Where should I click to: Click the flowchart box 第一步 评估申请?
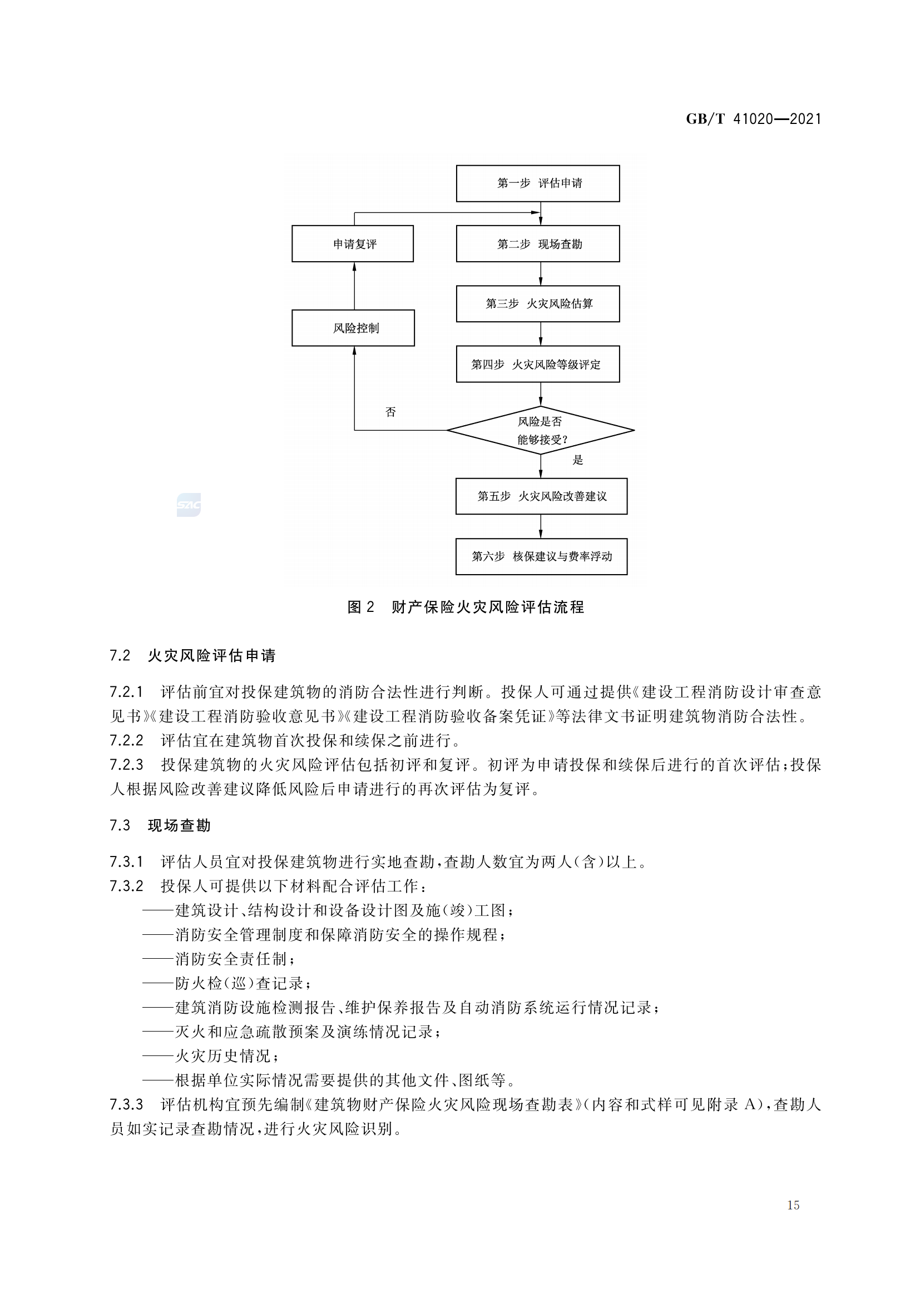[x=538, y=183]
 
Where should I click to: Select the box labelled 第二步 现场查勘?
[x=538, y=244]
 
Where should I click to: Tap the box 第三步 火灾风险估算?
[x=538, y=304]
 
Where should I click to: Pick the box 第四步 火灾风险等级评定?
[x=538, y=364]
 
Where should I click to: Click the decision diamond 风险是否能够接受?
[x=541, y=430]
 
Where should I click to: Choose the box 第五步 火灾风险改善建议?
[x=541, y=496]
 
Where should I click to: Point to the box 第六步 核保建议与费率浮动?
[x=541, y=556]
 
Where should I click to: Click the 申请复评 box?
[x=353, y=244]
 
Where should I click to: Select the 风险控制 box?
[x=354, y=328]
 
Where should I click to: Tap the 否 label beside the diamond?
[x=390, y=412]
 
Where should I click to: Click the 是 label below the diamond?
[x=577, y=460]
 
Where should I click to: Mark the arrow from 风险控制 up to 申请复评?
[x=355, y=286]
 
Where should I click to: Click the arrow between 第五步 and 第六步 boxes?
[x=541, y=526]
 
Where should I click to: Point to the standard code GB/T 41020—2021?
[x=753, y=119]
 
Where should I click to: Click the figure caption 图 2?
[x=360, y=607]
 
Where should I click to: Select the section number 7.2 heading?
[x=120, y=656]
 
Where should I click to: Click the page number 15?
[x=793, y=1206]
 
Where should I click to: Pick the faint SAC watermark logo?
[x=189, y=505]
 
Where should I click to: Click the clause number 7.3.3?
[x=126, y=1105]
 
